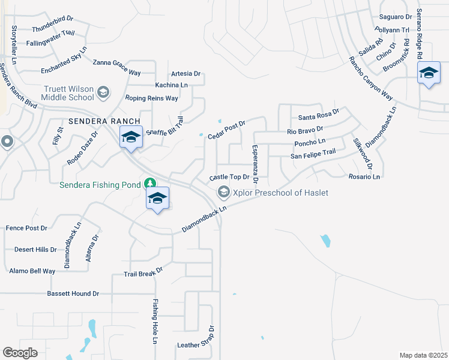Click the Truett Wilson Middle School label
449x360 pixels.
coord(68,92)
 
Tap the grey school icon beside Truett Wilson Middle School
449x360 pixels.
coord(103,92)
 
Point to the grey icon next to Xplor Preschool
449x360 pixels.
coord(223,192)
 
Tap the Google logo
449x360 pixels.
coord(20,353)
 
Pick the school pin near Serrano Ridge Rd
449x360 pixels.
coord(428,73)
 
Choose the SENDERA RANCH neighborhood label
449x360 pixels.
coord(100,121)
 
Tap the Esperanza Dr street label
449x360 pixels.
coord(255,164)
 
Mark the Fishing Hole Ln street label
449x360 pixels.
coord(154,322)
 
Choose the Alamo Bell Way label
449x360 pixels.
coord(32,271)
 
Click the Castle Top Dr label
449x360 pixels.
coord(229,178)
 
